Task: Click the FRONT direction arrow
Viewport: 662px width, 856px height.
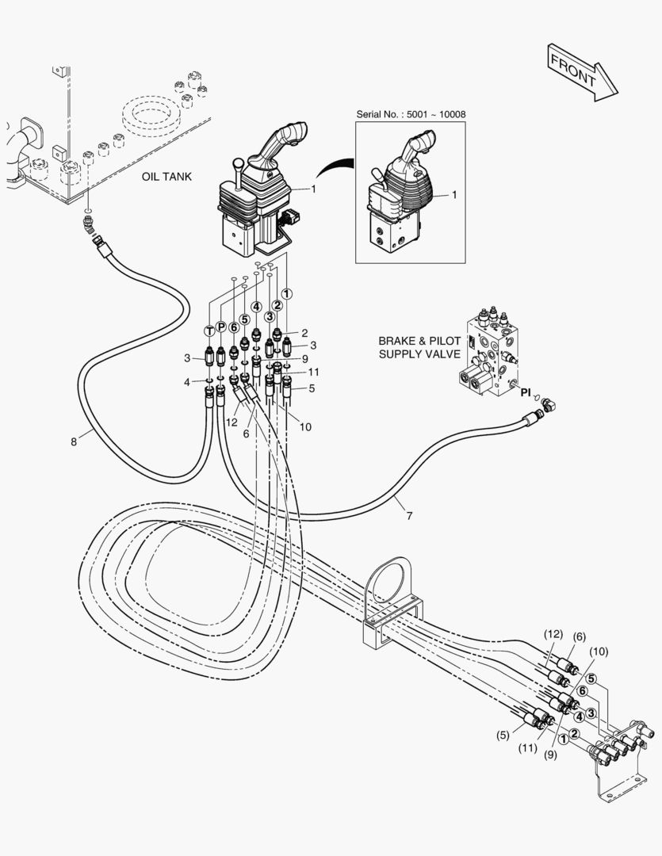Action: coord(582,72)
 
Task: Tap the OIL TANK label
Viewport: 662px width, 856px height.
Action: coord(166,177)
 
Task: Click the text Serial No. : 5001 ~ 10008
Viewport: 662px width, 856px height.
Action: coord(411,114)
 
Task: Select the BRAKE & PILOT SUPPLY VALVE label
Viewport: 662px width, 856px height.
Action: coord(419,347)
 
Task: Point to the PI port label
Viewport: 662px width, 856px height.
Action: coord(526,392)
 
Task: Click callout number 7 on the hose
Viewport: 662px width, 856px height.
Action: coord(409,515)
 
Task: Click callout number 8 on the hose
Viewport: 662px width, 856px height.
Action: coord(74,441)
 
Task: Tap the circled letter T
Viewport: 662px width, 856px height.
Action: coord(209,331)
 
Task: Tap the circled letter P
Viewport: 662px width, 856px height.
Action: coord(220,327)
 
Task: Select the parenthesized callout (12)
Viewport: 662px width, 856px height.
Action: coord(553,634)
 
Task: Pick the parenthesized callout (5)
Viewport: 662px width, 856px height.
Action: coord(503,735)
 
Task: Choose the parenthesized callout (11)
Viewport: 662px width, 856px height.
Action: coord(528,748)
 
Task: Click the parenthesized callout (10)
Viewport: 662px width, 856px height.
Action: coord(599,652)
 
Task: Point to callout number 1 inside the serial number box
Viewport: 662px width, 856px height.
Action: coord(454,194)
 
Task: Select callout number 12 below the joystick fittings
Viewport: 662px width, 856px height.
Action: coord(232,422)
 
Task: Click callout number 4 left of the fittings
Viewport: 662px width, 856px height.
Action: coord(187,382)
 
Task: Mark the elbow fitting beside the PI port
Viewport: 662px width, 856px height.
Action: coord(548,404)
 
